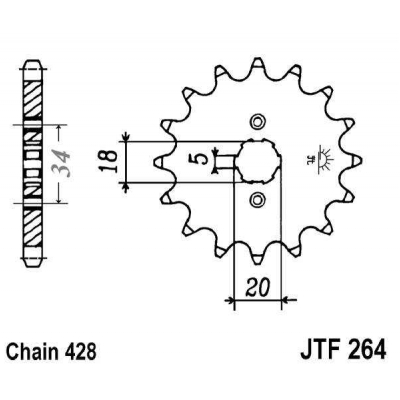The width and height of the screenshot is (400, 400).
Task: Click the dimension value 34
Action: click(61, 164)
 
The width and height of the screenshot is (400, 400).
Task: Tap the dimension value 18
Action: click(109, 161)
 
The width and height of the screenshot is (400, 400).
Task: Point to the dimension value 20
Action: click(258, 288)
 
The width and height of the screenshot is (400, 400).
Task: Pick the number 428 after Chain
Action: click(80, 351)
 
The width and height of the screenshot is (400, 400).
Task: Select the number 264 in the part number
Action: click(365, 348)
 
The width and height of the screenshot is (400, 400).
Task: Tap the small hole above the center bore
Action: click(257, 121)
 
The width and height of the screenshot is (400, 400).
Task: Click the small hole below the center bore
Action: click(257, 199)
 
